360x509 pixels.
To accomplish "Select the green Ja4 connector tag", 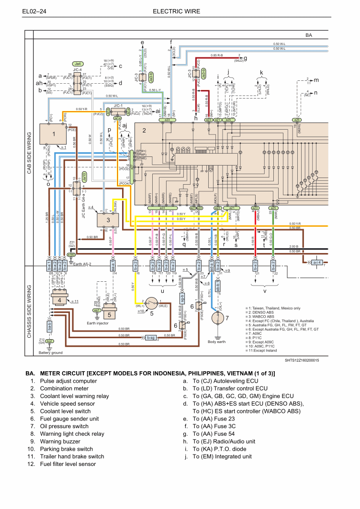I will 78,64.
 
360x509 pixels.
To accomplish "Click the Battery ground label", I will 51,353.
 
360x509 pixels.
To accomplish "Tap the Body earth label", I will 217,342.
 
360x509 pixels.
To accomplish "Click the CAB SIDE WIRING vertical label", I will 29,153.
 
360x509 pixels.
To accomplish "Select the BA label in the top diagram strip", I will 309,35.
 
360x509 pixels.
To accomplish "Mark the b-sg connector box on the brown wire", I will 151,338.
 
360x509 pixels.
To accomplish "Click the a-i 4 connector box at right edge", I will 317,262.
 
